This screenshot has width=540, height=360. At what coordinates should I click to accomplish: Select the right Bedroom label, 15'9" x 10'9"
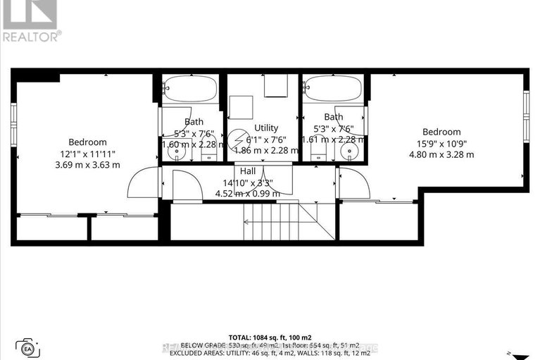coord(441,132)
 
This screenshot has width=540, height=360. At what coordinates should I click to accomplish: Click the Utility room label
coord(266,128)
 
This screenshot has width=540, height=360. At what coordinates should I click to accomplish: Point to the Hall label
coord(247,170)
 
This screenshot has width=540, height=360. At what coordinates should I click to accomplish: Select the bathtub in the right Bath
coord(332,90)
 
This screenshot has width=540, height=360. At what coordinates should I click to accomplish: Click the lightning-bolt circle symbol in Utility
coord(235,138)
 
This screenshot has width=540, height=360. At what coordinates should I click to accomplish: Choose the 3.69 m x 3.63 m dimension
coord(88,165)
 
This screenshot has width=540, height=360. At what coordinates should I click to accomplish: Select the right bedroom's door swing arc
coord(354,182)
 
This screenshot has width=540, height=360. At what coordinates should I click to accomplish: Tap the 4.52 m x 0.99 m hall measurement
coord(247,194)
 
